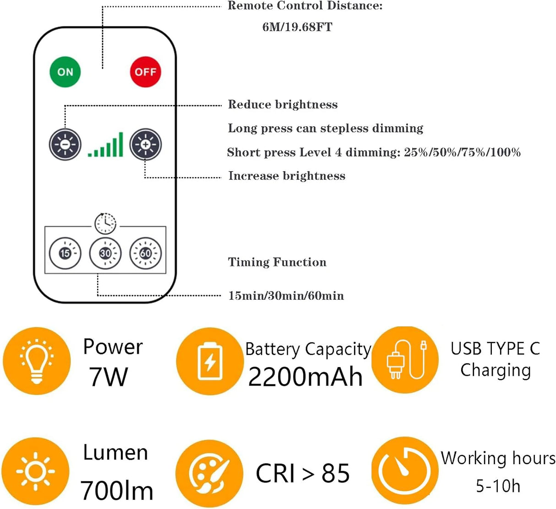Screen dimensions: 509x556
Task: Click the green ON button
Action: tap(65, 72)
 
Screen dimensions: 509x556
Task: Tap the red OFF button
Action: tap(146, 72)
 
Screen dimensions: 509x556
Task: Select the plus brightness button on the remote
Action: tap(146, 145)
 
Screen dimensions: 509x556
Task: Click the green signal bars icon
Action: tap(106, 145)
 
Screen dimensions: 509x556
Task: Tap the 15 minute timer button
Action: tap(65, 253)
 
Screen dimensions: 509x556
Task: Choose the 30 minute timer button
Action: tap(105, 253)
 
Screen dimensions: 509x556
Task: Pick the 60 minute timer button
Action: tap(146, 253)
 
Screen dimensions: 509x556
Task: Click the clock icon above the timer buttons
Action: tap(105, 223)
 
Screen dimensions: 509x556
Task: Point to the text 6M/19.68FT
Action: tap(297, 27)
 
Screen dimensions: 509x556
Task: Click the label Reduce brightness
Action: tap(283, 105)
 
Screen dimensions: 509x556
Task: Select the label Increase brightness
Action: tap(287, 176)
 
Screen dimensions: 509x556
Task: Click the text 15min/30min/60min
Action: tap(286, 296)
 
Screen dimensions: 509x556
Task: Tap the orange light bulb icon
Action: tap(37, 361)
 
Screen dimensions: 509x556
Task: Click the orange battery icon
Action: tap(210, 361)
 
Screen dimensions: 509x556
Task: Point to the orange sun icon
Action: tap(35, 471)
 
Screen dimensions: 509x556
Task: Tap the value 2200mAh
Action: tap(305, 377)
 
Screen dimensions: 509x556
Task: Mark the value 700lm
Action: tap(117, 491)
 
